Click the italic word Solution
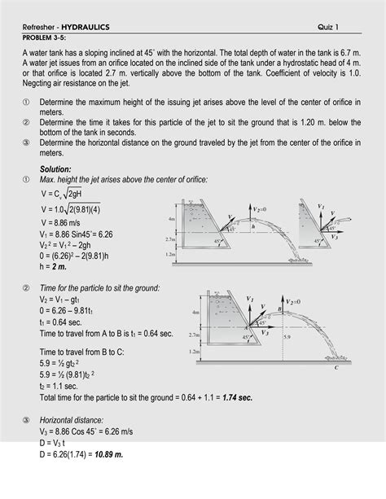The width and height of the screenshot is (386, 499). [x=56, y=169]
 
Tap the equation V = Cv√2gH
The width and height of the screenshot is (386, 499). [x=69, y=194]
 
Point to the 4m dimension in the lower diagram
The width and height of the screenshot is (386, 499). [x=195, y=311]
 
